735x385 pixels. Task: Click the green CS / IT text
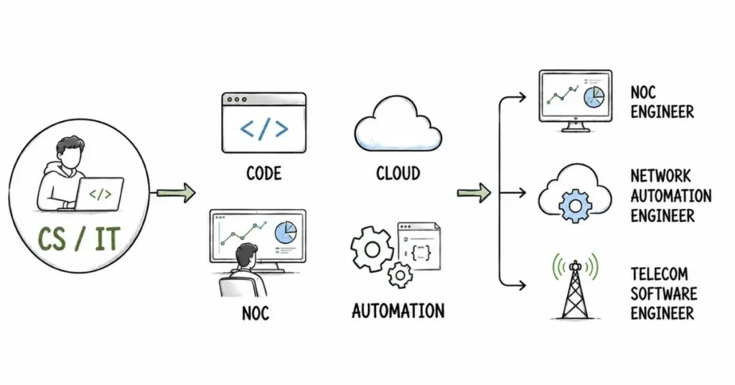coord(79,238)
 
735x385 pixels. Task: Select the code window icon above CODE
coord(264,123)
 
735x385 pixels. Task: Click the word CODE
coord(264,174)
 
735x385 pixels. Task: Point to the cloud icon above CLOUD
coord(398,124)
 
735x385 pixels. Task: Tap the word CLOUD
coord(398,174)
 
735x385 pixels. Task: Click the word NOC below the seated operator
coord(256,314)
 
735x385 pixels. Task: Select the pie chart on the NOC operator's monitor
coord(286,232)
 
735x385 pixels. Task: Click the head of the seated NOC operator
coord(247,256)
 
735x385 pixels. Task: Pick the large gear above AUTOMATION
coord(373,249)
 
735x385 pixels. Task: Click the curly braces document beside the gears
coord(419,246)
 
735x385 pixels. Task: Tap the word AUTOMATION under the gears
coord(398,312)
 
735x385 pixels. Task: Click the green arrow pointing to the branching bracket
coord(474,192)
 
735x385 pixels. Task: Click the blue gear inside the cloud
coord(576,205)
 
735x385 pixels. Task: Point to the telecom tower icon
coord(575,287)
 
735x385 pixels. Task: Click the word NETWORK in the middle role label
coord(660,176)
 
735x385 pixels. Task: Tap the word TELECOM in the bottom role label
coord(659,274)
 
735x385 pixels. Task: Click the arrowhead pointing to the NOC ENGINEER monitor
coord(521,98)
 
